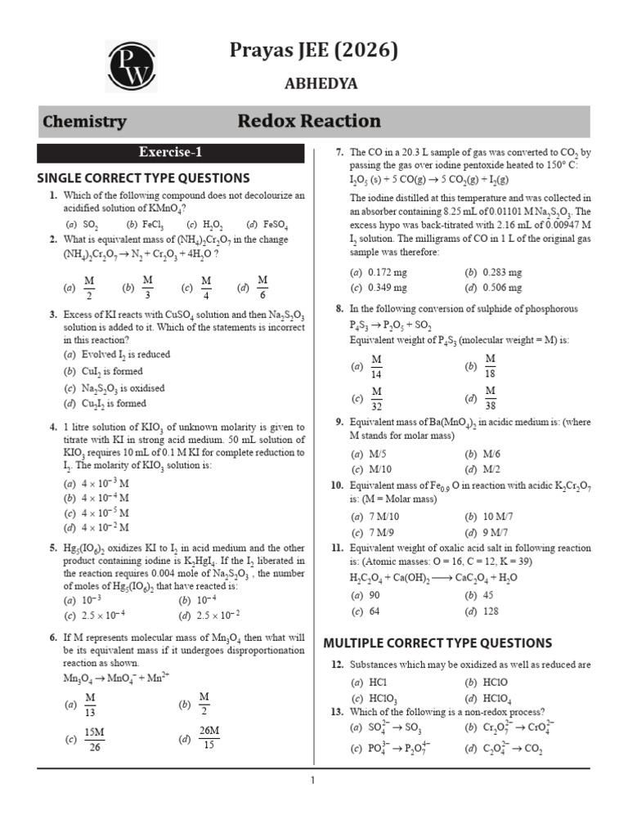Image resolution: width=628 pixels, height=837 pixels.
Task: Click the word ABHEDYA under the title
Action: point(321,83)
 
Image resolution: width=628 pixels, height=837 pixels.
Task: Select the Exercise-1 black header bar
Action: point(170,153)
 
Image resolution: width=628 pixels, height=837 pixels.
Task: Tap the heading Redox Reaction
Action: point(309,122)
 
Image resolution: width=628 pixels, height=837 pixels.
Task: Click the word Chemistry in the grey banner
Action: point(84,122)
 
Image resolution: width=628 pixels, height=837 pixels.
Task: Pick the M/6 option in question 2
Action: point(262,287)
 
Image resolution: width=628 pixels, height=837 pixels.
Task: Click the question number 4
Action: point(52,427)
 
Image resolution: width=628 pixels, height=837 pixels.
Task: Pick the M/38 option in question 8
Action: point(489,399)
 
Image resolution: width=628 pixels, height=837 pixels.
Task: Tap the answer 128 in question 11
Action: point(491,611)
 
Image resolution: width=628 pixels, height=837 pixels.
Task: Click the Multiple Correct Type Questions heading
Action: point(438,642)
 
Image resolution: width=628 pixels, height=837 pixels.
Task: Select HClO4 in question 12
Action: point(500,698)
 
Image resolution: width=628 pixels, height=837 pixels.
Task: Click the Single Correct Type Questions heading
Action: point(144,177)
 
